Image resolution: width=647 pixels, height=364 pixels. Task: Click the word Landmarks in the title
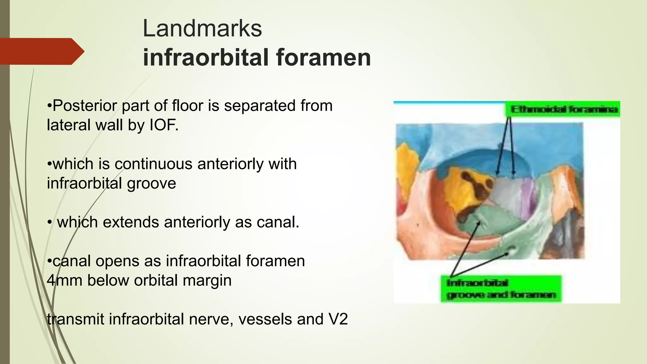pyautogui.click(x=202, y=28)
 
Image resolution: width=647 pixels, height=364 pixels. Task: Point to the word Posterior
pyautogui.click(x=84, y=106)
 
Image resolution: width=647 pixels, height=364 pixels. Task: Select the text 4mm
pyautogui.click(x=64, y=280)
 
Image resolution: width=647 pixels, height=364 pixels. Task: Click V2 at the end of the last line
pyautogui.click(x=338, y=319)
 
